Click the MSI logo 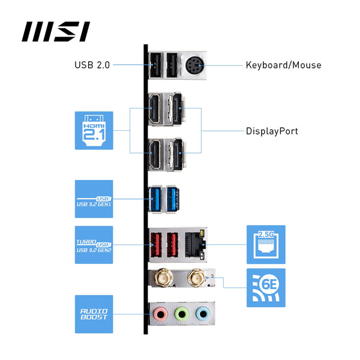tap(56, 31)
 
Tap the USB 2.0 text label tap(92, 65)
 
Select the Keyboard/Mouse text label tap(283, 65)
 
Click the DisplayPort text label tap(272, 131)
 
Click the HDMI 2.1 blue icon tap(93, 130)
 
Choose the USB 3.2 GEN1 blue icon tap(94, 199)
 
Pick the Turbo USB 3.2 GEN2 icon tap(94, 244)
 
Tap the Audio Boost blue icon tap(94, 314)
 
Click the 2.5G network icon tap(266, 244)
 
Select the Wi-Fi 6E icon tap(266, 287)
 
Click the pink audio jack tap(160, 313)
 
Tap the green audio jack tap(181, 313)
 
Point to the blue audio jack tap(203, 313)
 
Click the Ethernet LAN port tap(195, 244)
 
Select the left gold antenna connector tap(163, 278)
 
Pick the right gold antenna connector tap(195, 278)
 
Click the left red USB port tap(155, 244)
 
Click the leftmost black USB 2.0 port tap(155, 64)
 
